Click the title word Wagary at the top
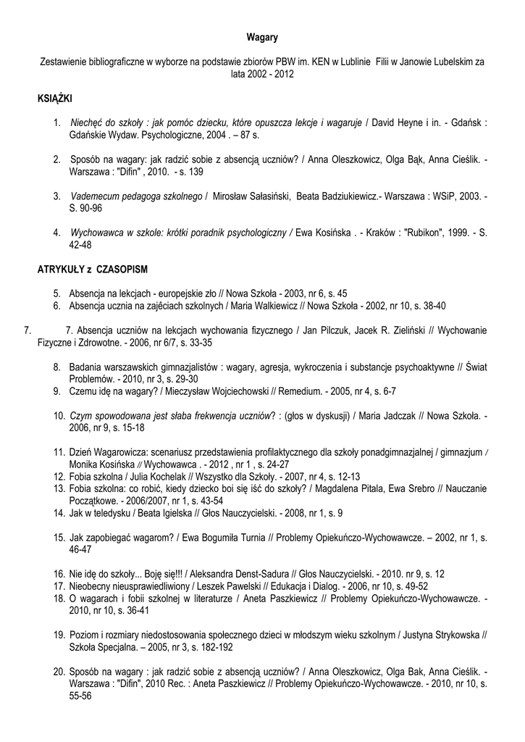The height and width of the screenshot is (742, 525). [x=262, y=36]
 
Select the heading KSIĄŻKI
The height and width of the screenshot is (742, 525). [x=54, y=97]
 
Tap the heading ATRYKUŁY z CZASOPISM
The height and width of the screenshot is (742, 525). [x=92, y=270]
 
